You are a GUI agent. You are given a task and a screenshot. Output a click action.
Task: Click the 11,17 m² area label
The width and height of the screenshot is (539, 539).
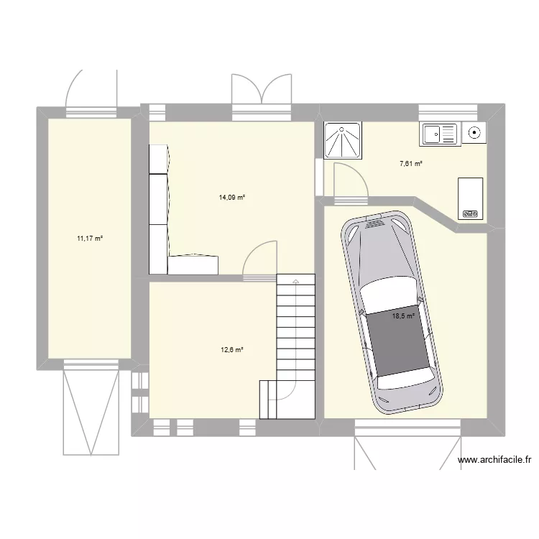(90, 238)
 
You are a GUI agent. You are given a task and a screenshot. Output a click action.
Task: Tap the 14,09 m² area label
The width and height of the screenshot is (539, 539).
(232, 197)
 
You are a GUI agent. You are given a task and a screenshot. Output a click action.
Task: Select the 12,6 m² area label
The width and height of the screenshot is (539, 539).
(232, 350)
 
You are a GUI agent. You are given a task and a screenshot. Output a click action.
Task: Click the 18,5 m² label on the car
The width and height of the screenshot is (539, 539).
(403, 315)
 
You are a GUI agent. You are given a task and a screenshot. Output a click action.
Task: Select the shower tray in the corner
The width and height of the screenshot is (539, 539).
(344, 140)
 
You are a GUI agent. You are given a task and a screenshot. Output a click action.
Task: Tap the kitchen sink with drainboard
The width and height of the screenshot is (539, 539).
(439, 134)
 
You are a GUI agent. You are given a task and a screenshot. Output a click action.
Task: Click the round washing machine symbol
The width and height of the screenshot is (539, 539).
(474, 132)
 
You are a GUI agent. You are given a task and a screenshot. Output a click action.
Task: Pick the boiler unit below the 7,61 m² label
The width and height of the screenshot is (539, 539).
(470, 198)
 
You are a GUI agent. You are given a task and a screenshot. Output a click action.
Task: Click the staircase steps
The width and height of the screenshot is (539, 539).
(295, 323)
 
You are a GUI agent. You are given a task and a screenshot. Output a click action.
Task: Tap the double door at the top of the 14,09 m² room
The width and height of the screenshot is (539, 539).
(262, 92)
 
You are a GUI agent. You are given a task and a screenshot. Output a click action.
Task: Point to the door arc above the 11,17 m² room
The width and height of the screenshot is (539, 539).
(91, 90)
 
